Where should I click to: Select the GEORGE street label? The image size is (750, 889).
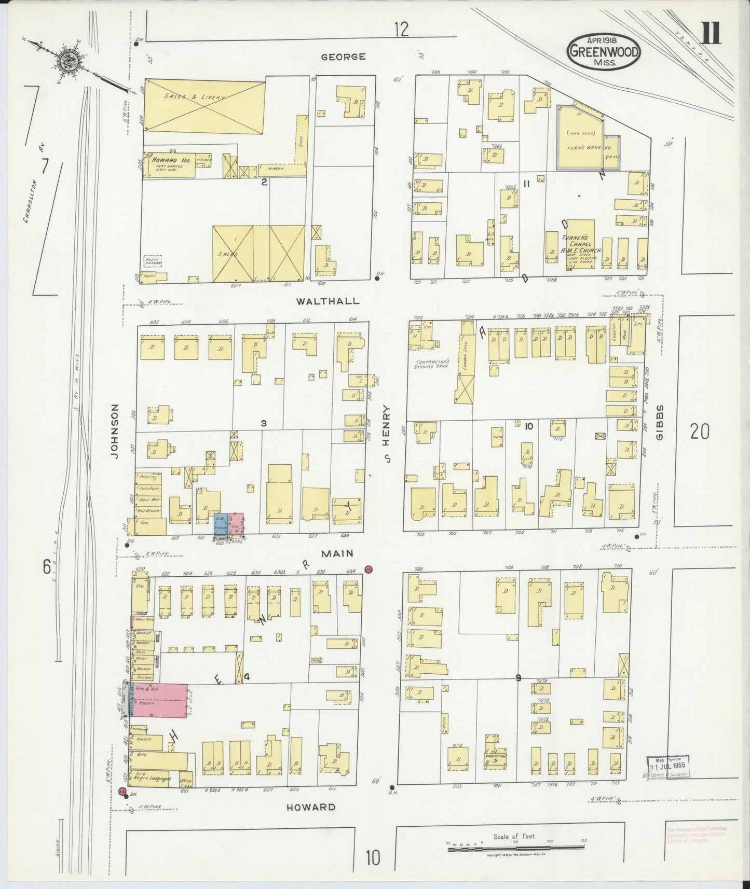[343, 57]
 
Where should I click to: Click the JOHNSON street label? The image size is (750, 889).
[115, 431]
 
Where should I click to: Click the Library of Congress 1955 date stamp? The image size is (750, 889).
[669, 767]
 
